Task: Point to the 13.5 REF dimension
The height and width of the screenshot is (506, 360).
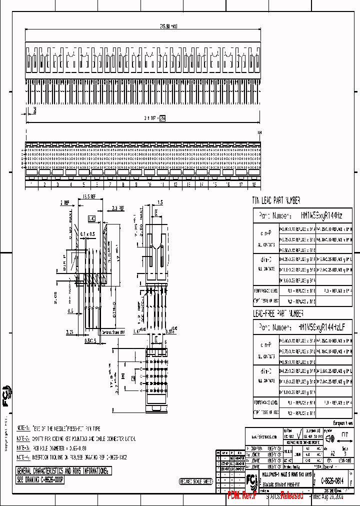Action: pos(89,196)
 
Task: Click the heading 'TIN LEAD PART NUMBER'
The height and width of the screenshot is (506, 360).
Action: pos(276,200)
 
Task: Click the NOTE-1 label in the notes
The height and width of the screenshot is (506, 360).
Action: pos(23,429)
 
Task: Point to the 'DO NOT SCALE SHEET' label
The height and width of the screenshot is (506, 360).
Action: pos(196,481)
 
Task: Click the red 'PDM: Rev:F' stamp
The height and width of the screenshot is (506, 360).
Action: pos(242,495)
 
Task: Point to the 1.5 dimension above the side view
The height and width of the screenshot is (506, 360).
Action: pos(160,202)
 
